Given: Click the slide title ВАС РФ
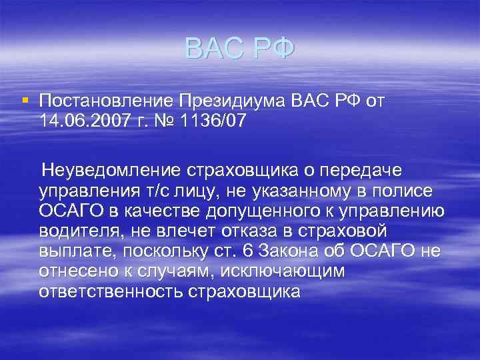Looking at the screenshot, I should click(239, 49).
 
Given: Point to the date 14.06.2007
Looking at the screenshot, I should click(83, 122).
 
